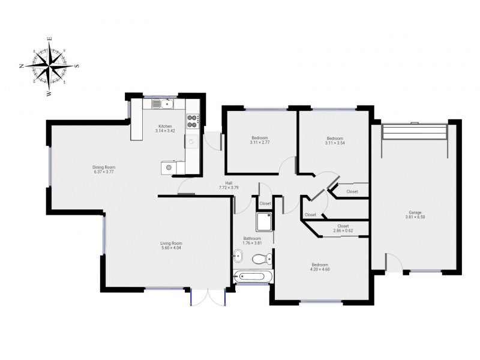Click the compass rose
pyautogui.click(x=50, y=66)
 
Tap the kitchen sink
pyautogui.click(x=163, y=104)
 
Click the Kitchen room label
pyautogui.click(x=165, y=127)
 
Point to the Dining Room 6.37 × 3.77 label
pyautogui.click(x=104, y=170)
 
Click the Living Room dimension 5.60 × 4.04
pyautogui.click(x=171, y=248)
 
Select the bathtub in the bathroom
pyautogui.click(x=253, y=277)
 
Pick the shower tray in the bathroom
pyautogui.click(x=264, y=222)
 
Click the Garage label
pyautogui.click(x=415, y=212)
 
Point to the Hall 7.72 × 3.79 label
pyautogui.click(x=229, y=185)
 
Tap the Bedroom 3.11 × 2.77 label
pyautogui.click(x=260, y=140)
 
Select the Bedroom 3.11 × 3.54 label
pyautogui.click(x=335, y=140)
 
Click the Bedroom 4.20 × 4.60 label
pyautogui.click(x=320, y=267)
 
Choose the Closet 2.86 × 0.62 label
pyautogui.click(x=343, y=229)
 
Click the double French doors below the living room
pyautogui.click(x=208, y=296)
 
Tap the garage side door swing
pyautogui.click(x=394, y=262)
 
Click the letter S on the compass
pyautogui.click(x=77, y=65)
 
